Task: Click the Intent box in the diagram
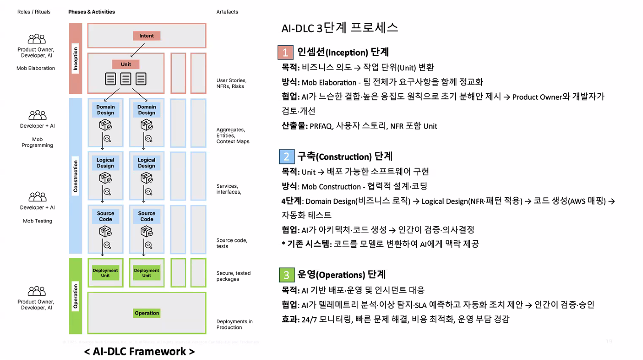pos(147,36)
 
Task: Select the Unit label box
pos(126,64)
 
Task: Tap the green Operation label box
pos(147,313)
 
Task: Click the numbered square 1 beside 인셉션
pos(286,52)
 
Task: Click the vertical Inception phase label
pos(75,59)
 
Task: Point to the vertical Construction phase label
pos(75,177)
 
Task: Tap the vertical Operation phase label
pos(75,296)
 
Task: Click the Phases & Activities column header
pos(92,12)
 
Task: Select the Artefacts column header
pos(227,12)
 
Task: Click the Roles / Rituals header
pos(34,12)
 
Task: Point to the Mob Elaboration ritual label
pos(36,68)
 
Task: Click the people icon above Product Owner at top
pos(37,39)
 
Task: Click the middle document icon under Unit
pos(126,79)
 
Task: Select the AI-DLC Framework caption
pos(139,352)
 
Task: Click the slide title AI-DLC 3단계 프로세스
pos(340,28)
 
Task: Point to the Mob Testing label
pos(37,221)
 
